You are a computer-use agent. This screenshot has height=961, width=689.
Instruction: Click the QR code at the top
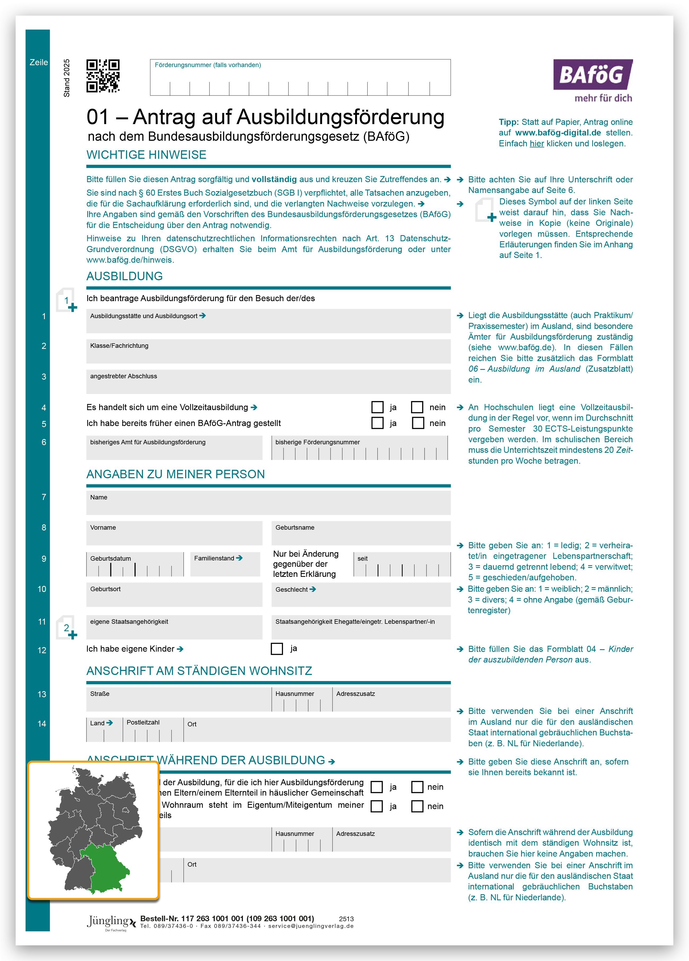point(103,76)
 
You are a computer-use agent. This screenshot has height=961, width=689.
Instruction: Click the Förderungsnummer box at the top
point(300,77)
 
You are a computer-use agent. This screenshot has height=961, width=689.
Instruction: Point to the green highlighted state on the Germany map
point(104,867)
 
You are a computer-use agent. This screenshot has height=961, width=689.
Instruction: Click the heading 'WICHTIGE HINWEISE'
point(146,155)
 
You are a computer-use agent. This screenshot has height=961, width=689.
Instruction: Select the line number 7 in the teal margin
point(44,497)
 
